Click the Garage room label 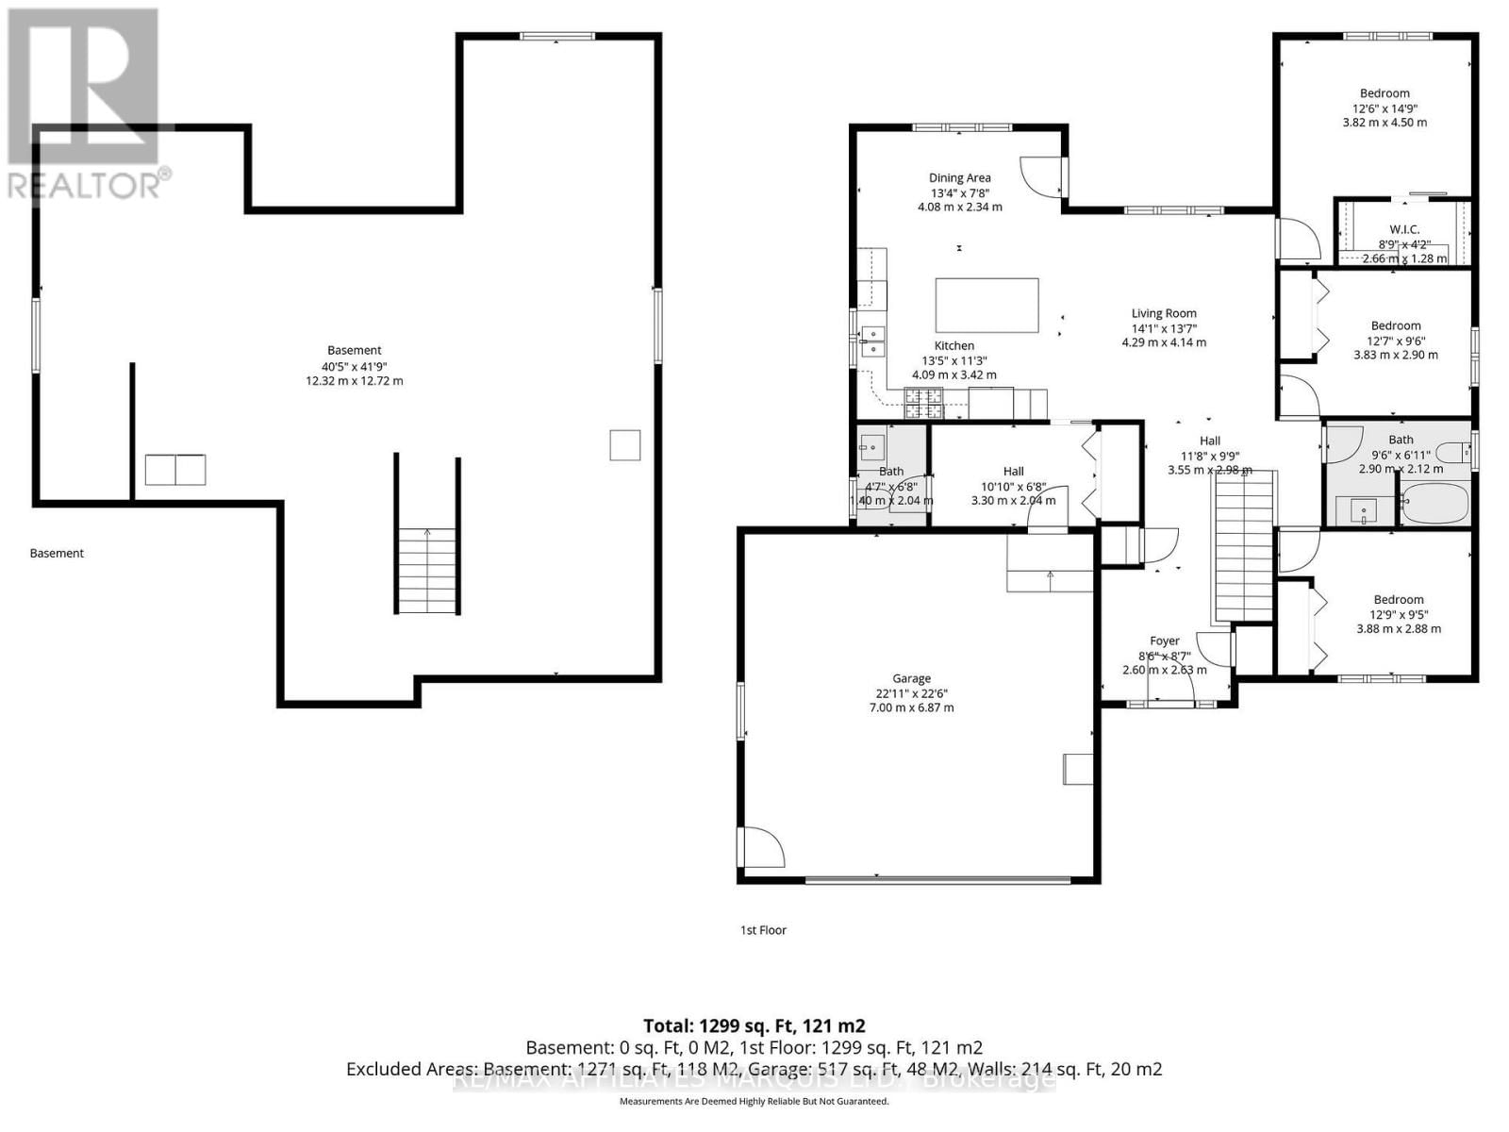click(x=911, y=678)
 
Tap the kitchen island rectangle click(x=987, y=305)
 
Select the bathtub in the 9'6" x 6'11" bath click(x=1434, y=504)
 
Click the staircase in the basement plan click(x=427, y=570)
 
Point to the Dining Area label click(x=959, y=177)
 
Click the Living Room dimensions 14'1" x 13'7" click(x=1164, y=328)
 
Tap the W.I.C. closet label click(x=1404, y=229)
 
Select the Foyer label click(x=1164, y=641)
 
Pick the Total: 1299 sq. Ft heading click(x=754, y=1025)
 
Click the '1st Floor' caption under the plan click(x=763, y=930)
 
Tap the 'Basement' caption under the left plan click(x=57, y=553)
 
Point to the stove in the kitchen click(x=924, y=404)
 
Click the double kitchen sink click(x=873, y=341)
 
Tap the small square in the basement click(x=624, y=445)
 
